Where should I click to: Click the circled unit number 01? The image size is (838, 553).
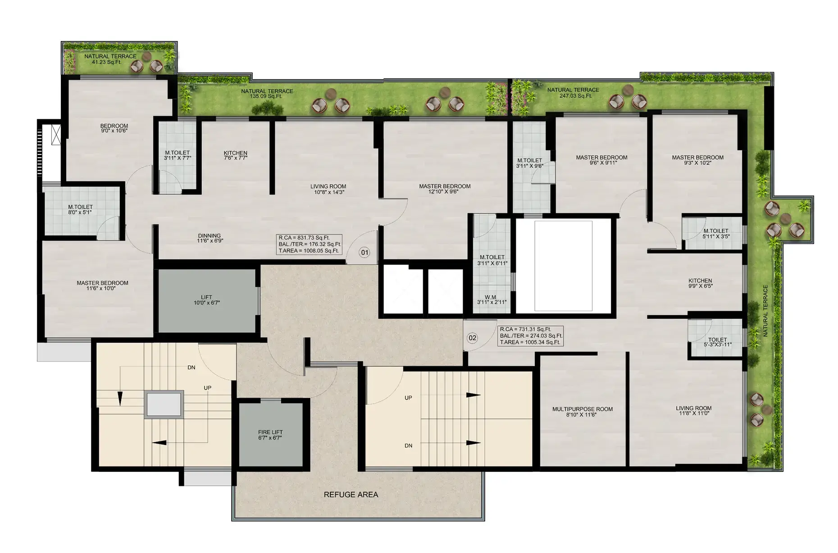[x=364, y=252]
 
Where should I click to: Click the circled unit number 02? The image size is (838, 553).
[x=472, y=338]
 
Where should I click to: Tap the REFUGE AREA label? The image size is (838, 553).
[x=351, y=494]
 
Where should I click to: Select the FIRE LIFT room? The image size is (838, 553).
[x=270, y=435]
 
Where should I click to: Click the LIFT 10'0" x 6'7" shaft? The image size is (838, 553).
[x=207, y=300]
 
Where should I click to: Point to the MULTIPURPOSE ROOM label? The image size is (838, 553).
[x=583, y=409]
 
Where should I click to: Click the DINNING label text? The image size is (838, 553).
[x=209, y=236]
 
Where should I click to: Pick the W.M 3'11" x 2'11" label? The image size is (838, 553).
[x=490, y=299]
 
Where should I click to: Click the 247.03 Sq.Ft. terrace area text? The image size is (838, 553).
[x=573, y=96]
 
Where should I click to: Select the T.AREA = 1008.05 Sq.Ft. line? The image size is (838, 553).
[x=309, y=251]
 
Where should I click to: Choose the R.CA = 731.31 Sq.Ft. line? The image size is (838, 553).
[x=525, y=329]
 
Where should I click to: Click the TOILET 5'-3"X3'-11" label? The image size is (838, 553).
[x=718, y=342]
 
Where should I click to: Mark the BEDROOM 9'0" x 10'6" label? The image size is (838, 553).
[x=114, y=128]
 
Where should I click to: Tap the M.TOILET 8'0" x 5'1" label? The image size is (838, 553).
[x=81, y=209]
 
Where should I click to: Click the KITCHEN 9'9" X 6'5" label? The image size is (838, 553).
[x=700, y=283]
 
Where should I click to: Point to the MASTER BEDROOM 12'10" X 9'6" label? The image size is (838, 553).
[x=445, y=189]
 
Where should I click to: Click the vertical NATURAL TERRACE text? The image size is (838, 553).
[x=765, y=311]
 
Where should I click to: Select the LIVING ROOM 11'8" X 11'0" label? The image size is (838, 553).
[x=694, y=411]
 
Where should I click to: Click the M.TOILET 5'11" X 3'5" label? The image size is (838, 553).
[x=716, y=234]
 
